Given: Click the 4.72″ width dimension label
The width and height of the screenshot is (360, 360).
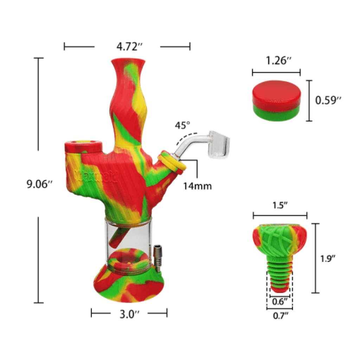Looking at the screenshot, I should pyautogui.click(x=127, y=46).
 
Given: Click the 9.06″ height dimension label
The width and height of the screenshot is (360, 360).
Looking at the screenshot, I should pyautogui.click(x=39, y=185).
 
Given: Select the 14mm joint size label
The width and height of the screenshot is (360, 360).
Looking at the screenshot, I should pyautogui.click(x=197, y=186).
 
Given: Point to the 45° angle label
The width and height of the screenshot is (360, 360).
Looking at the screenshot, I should pyautogui.click(x=183, y=126).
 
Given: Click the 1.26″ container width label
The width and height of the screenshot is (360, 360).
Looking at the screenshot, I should pyautogui.click(x=276, y=60).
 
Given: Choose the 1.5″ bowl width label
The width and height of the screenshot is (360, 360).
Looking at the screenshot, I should pyautogui.click(x=280, y=205).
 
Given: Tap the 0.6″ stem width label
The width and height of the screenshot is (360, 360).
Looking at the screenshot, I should pyautogui.click(x=280, y=301).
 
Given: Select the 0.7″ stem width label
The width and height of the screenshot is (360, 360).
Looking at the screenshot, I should pyautogui.click(x=280, y=315).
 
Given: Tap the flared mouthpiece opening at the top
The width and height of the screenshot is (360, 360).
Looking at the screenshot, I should pyautogui.click(x=128, y=62).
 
